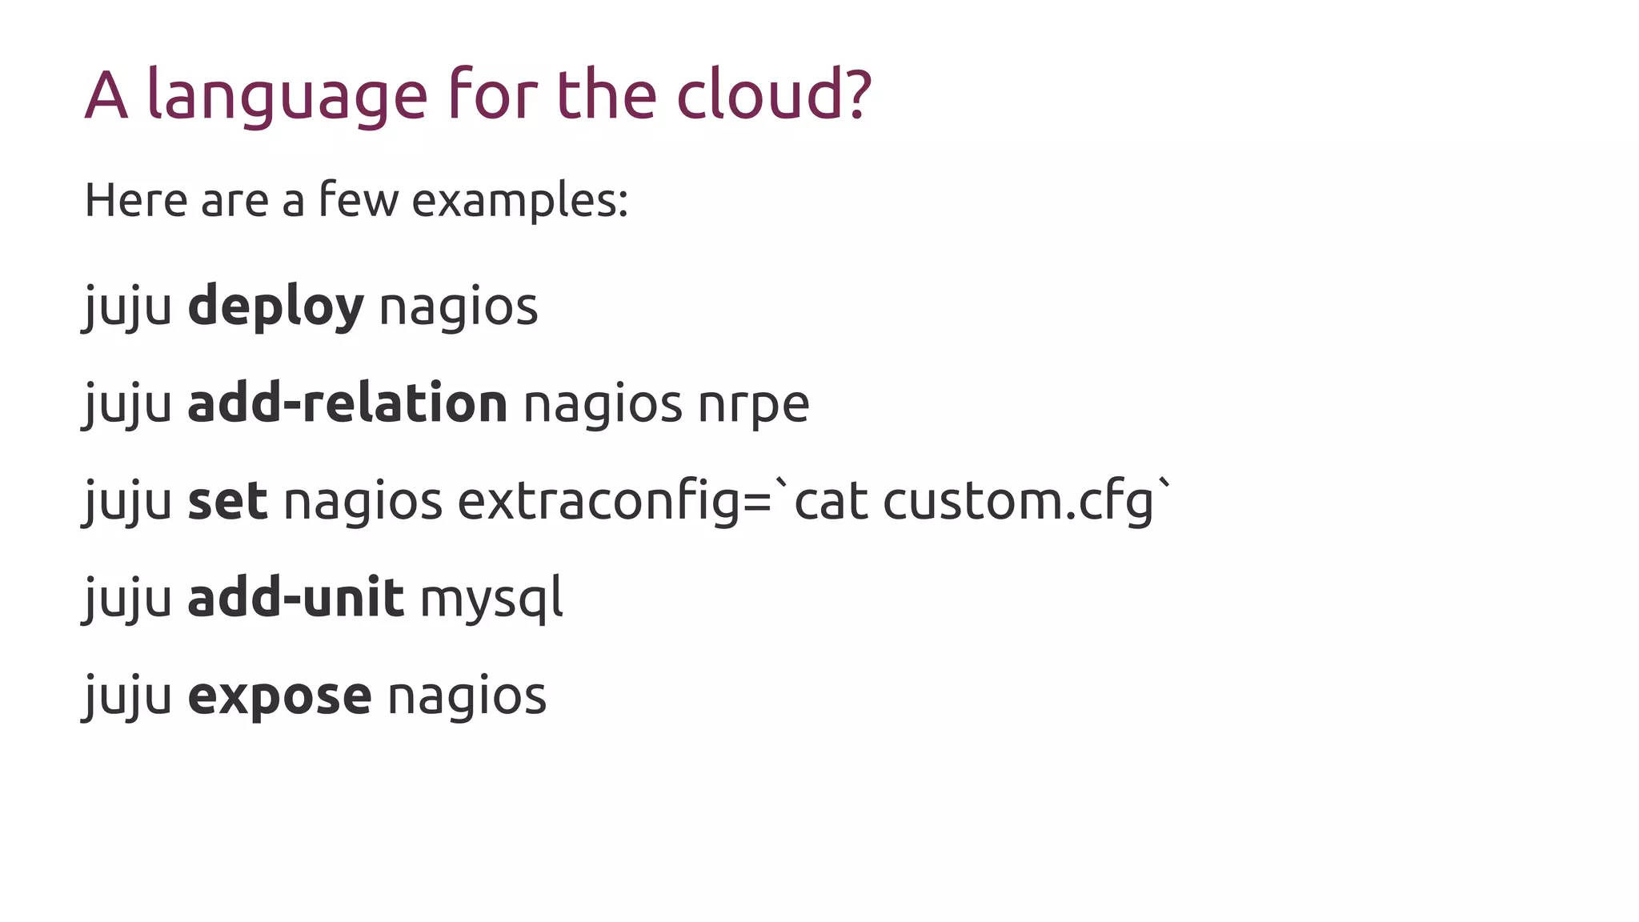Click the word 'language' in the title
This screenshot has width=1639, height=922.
coord(287,96)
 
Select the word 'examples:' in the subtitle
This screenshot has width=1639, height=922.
coord(519,200)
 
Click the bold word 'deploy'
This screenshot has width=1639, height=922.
coord(275,307)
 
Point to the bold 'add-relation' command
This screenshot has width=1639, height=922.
coord(347,403)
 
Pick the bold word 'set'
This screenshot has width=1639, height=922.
coord(227,501)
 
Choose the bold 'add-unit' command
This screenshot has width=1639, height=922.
coord(295,598)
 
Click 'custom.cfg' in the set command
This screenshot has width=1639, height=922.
coord(1019,502)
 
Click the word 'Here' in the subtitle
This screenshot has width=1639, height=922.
coord(136,200)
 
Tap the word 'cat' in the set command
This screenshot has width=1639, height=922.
coord(831,502)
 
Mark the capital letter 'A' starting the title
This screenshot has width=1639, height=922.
coord(106,96)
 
